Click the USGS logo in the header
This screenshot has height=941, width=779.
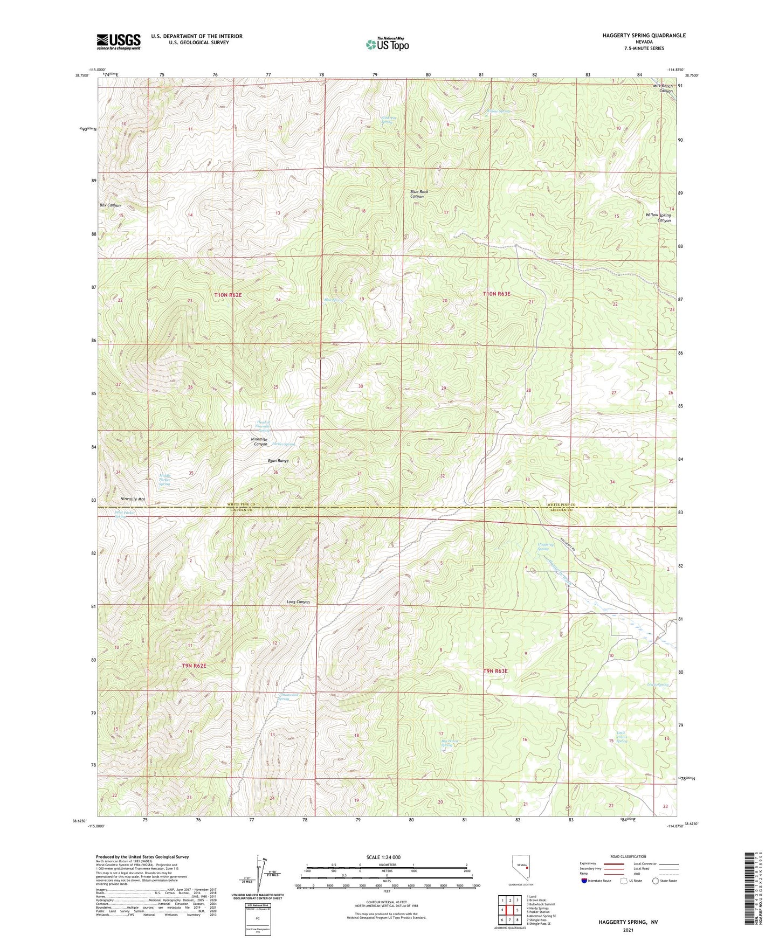click(x=119, y=41)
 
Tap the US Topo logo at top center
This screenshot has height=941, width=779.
click(x=387, y=44)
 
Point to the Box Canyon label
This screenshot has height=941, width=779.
click(x=110, y=205)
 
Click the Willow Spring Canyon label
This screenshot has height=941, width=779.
click(x=658, y=218)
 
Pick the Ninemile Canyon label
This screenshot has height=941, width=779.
click(x=259, y=441)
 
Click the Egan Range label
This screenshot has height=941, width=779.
click(x=278, y=461)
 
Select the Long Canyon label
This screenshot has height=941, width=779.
click(x=298, y=601)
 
